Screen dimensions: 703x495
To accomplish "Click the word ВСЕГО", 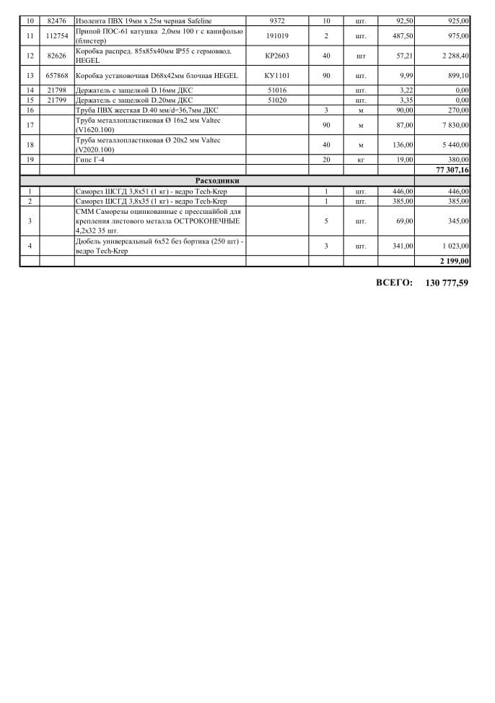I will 394,283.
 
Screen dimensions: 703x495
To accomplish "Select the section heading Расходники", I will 217,180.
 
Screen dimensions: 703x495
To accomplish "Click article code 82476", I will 57,22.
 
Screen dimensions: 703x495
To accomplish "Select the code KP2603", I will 277,56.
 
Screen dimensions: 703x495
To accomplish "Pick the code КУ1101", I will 277,76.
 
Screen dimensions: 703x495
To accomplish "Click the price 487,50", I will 401,35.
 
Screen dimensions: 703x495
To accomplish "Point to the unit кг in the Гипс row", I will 361,160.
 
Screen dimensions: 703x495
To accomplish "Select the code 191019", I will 277,35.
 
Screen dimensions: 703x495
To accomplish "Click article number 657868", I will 57,76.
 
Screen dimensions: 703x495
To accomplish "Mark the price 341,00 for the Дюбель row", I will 402,246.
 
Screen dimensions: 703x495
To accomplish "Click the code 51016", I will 277,90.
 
